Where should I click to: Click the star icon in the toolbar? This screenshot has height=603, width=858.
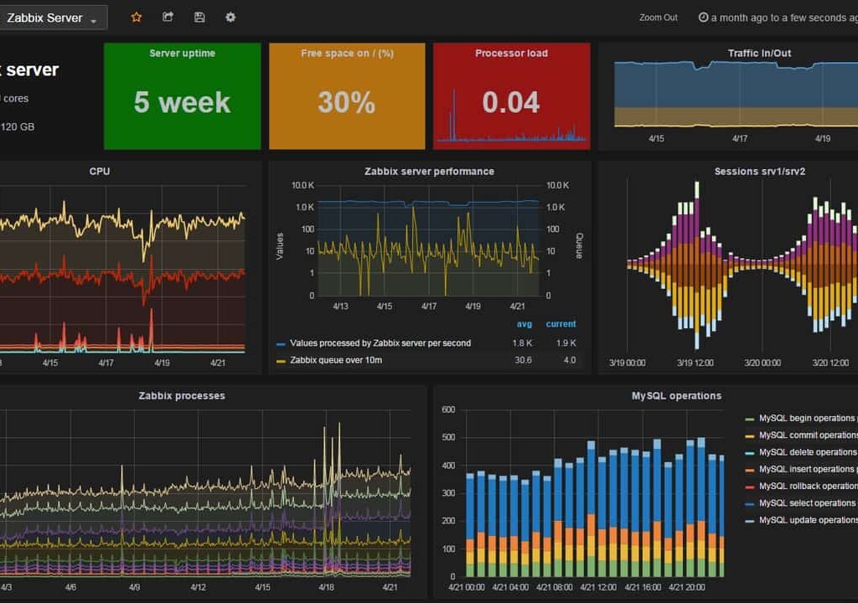[137, 17]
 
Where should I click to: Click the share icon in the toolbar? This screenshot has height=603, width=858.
[168, 17]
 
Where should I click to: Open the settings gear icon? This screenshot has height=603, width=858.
[230, 17]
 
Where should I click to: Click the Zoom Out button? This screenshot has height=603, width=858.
[658, 18]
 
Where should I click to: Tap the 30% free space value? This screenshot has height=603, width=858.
[346, 102]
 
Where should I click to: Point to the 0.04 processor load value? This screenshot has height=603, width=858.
[511, 102]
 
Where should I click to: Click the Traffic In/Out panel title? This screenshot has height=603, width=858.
[759, 53]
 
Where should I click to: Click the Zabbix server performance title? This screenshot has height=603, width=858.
[429, 171]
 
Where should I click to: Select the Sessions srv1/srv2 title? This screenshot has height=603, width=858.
[759, 171]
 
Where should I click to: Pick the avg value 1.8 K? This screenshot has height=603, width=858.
[522, 343]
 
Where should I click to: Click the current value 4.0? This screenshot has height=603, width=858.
[569, 360]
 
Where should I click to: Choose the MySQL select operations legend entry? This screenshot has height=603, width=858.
[807, 503]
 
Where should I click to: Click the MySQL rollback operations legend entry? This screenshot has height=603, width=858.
[807, 486]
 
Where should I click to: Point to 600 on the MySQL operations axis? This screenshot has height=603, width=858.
[447, 410]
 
